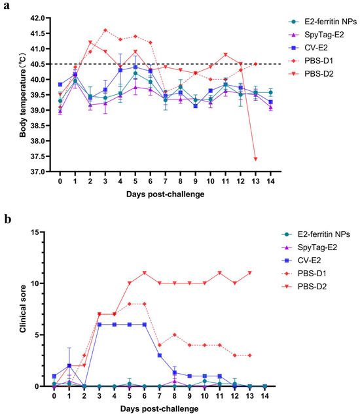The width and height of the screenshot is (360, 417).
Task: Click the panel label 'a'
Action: [5, 7]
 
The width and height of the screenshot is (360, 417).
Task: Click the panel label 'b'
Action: [5, 221]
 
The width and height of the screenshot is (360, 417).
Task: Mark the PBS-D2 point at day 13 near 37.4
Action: [255, 159]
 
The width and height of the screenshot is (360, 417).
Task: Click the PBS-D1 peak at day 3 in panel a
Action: [105, 30]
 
